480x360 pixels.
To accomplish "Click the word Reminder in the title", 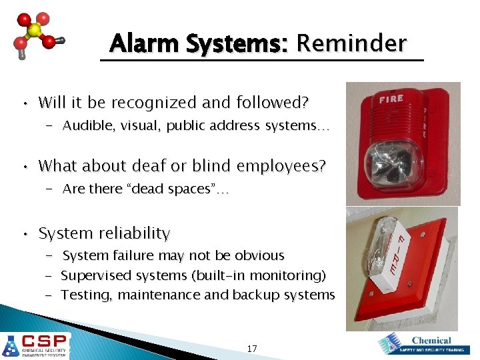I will click(x=351, y=44).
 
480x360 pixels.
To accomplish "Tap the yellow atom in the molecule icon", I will click(x=35, y=31).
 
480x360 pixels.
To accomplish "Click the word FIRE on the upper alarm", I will click(x=391, y=99).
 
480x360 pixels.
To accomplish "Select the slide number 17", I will click(x=252, y=348).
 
